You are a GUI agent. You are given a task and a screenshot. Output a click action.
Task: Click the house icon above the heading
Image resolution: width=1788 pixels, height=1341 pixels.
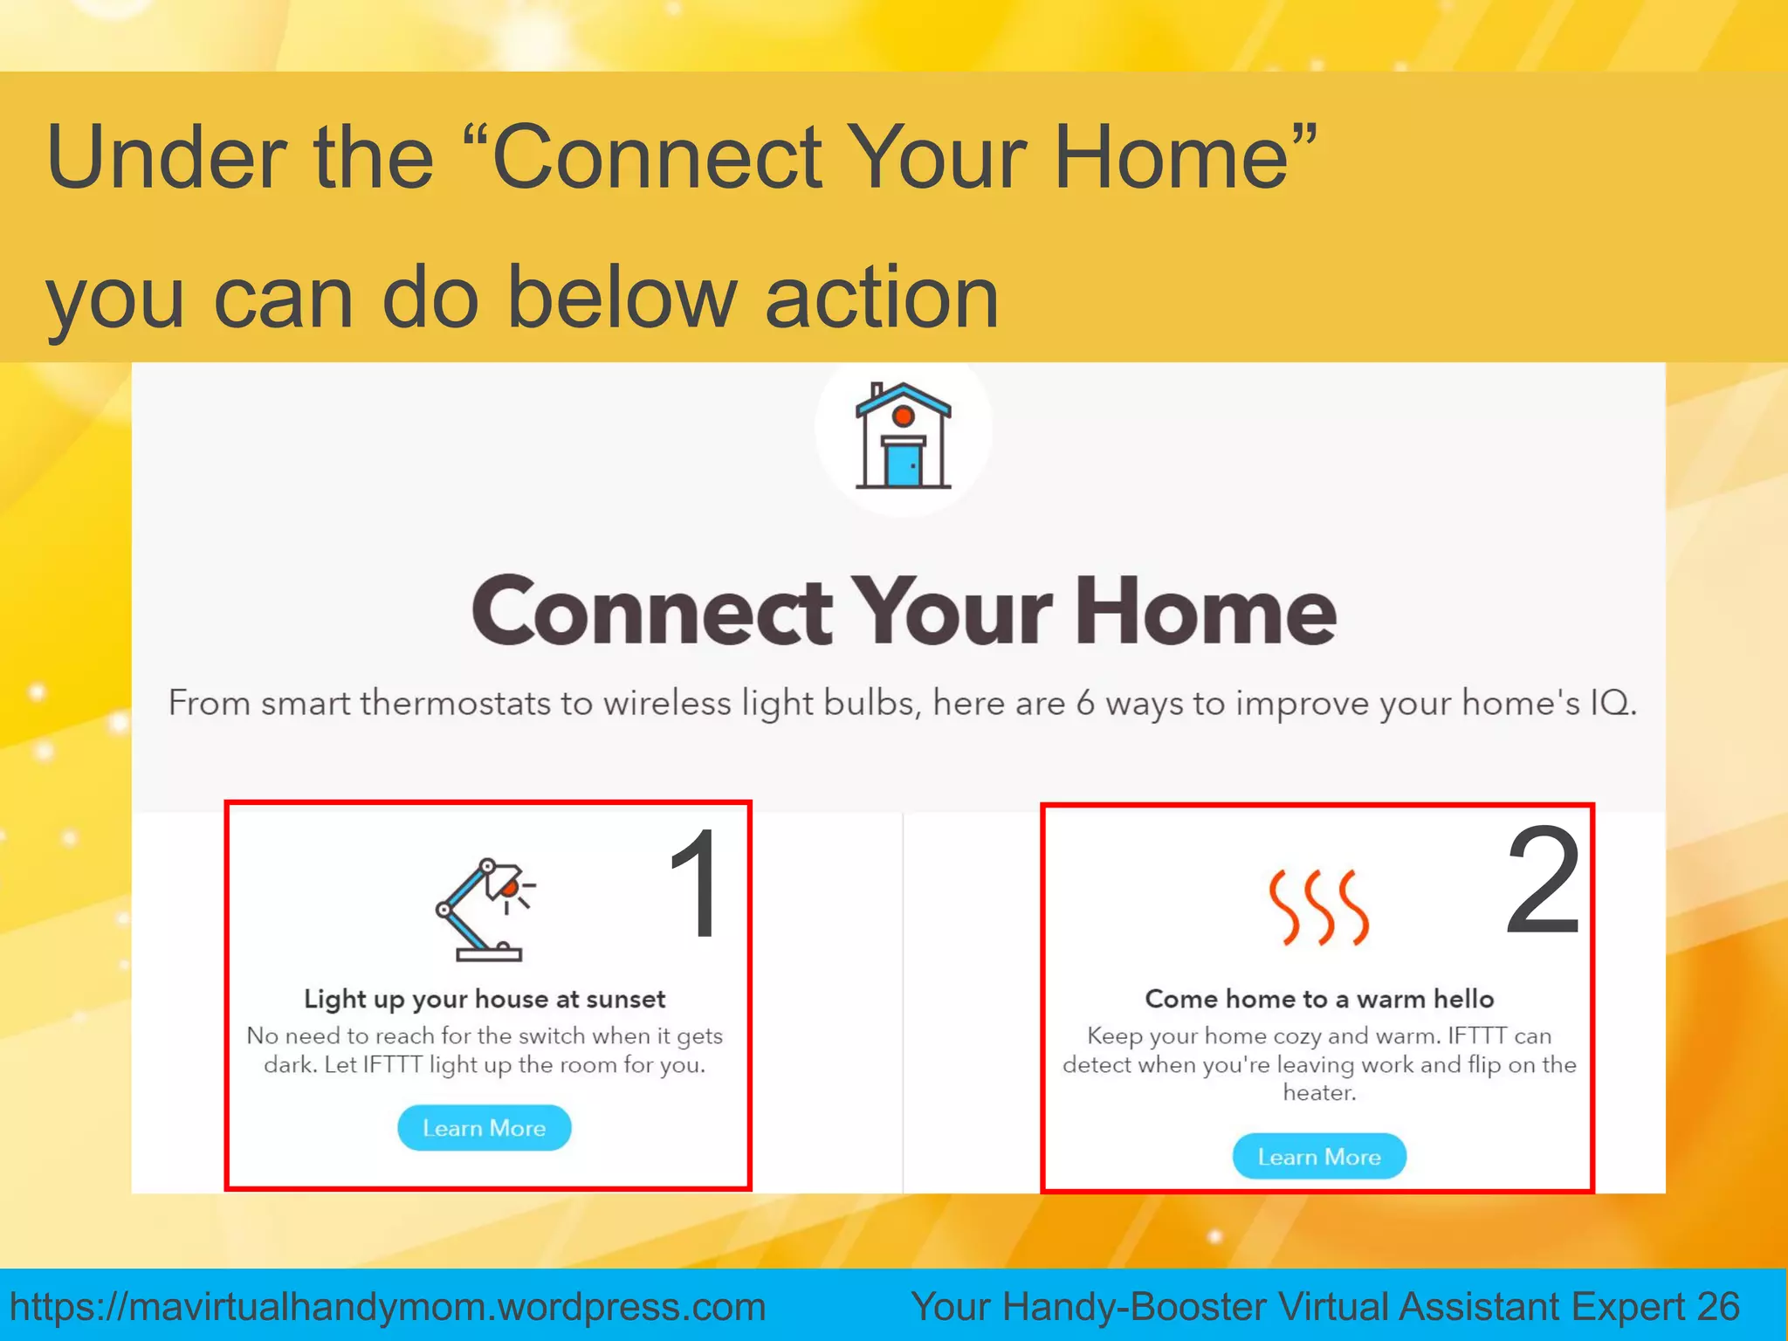tap(903, 435)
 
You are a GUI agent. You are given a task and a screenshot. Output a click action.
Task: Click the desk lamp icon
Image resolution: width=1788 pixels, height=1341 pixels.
tap(485, 910)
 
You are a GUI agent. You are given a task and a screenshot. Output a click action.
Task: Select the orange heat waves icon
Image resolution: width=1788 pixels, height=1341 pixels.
tap(1318, 908)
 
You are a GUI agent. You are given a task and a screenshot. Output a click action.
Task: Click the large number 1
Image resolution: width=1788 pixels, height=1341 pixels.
tap(696, 884)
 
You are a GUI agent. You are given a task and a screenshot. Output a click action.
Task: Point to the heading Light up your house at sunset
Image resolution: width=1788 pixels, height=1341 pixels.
tap(485, 999)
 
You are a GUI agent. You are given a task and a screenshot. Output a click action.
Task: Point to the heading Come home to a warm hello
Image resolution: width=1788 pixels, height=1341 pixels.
tap(1319, 999)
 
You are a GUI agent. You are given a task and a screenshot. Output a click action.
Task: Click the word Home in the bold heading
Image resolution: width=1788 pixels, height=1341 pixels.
tap(1205, 611)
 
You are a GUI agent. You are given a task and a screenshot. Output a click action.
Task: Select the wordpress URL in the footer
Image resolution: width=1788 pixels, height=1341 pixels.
tap(388, 1307)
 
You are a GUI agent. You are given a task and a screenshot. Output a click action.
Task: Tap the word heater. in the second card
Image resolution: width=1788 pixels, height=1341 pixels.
tap(1319, 1092)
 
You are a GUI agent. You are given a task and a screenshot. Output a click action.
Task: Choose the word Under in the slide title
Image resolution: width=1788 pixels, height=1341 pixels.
tap(166, 157)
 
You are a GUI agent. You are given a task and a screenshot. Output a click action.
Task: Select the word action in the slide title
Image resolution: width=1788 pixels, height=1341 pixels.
tap(882, 299)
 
